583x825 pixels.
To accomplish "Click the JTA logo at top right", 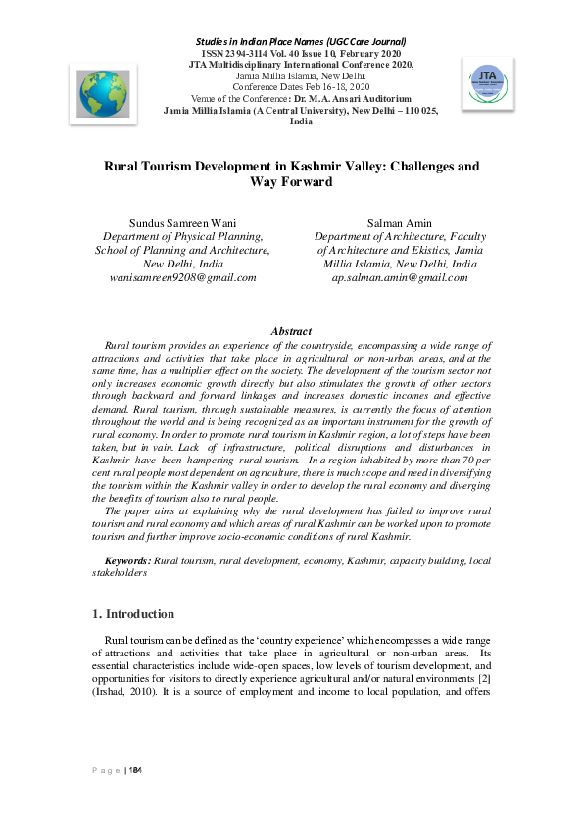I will pos(486,83).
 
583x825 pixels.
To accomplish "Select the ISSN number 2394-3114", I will pos(245,53).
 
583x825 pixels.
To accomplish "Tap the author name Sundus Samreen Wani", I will pos(182,223).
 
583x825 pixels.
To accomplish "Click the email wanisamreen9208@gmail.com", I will pos(182,277).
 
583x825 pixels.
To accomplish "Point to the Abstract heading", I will pos(291,332).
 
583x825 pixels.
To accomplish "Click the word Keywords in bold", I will pos(127,560).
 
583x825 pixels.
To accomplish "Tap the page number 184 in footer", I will pos(136,772).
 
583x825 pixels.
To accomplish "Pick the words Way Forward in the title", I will pos(291,182).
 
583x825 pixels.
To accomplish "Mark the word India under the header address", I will pos(291,121).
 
